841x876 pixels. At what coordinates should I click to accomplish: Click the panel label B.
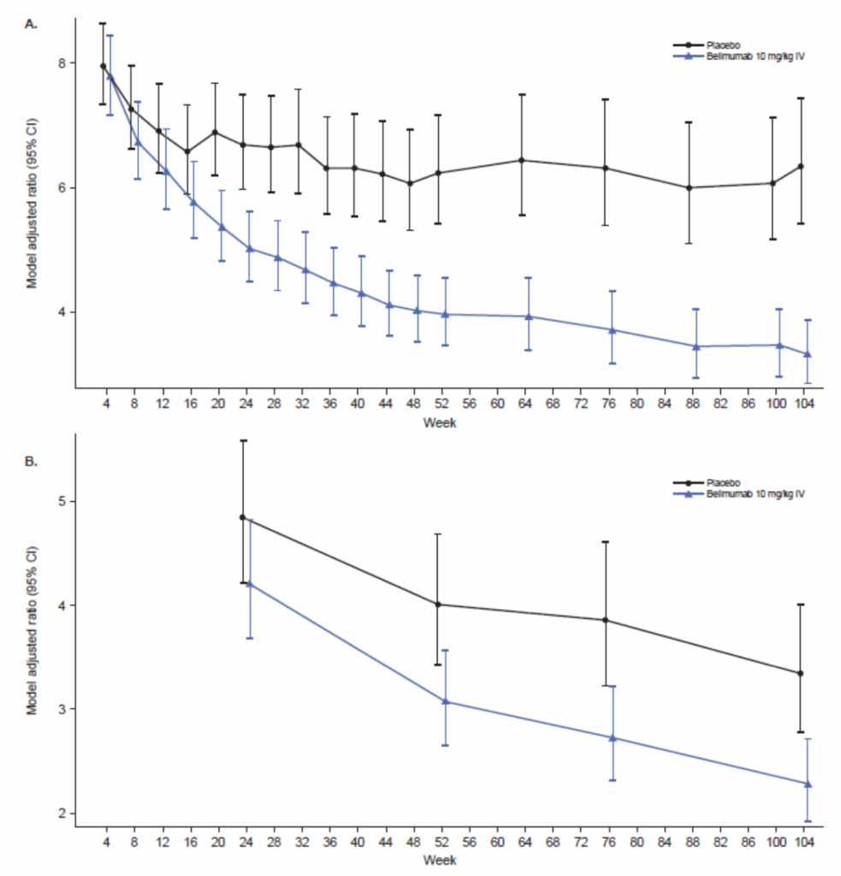click(31, 461)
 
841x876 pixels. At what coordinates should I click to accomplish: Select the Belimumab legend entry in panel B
click(753, 494)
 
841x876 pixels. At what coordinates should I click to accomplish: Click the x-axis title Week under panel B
click(437, 860)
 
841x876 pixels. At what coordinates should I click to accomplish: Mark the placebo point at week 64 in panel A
click(521, 160)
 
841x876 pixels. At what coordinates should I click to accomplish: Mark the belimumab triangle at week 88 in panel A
click(696, 346)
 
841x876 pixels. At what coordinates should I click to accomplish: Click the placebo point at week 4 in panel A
click(104, 66)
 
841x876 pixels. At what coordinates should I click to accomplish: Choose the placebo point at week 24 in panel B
click(242, 517)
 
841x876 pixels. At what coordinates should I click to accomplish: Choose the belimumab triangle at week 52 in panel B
click(445, 701)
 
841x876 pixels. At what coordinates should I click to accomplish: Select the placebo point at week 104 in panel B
click(800, 673)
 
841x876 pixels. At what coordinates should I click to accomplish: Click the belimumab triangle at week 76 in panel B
click(612, 737)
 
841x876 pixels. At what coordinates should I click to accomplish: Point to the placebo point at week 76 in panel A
click(605, 168)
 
